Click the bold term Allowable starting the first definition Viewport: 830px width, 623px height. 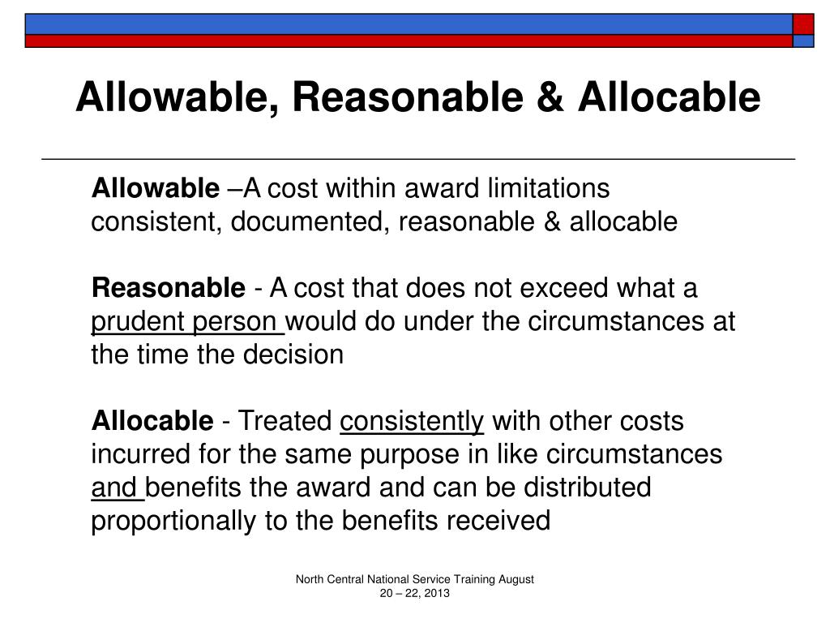pyautogui.click(x=155, y=189)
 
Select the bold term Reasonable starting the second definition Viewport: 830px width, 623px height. pyautogui.click(x=168, y=288)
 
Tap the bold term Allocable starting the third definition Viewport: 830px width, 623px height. pyautogui.click(x=152, y=422)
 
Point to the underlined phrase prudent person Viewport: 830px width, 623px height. pyautogui.click(x=186, y=322)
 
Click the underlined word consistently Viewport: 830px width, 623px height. pyautogui.click(x=412, y=422)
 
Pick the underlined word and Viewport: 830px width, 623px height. pyautogui.click(x=116, y=488)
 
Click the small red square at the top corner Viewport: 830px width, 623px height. pyautogui.click(x=802, y=24)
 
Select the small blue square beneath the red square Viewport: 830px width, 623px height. pyautogui.click(x=802, y=41)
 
